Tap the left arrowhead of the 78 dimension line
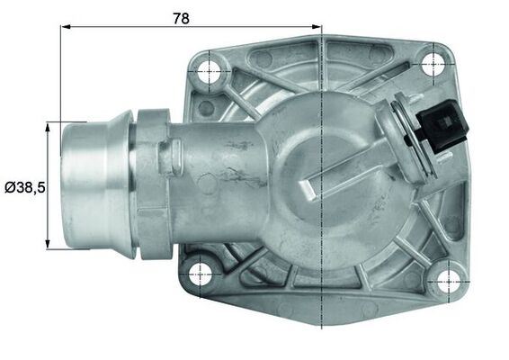pyautogui.click(x=66, y=27)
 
